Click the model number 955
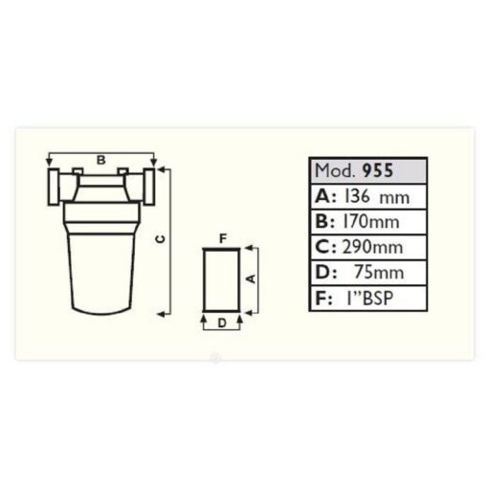point(378,170)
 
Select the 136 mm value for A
point(377,196)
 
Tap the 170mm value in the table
point(370,222)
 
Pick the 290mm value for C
point(372,247)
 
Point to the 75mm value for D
point(379,273)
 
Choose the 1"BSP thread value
point(369,299)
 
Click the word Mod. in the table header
point(335,171)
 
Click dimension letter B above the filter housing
point(100,160)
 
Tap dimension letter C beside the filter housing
point(161,239)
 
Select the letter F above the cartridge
point(223,238)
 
